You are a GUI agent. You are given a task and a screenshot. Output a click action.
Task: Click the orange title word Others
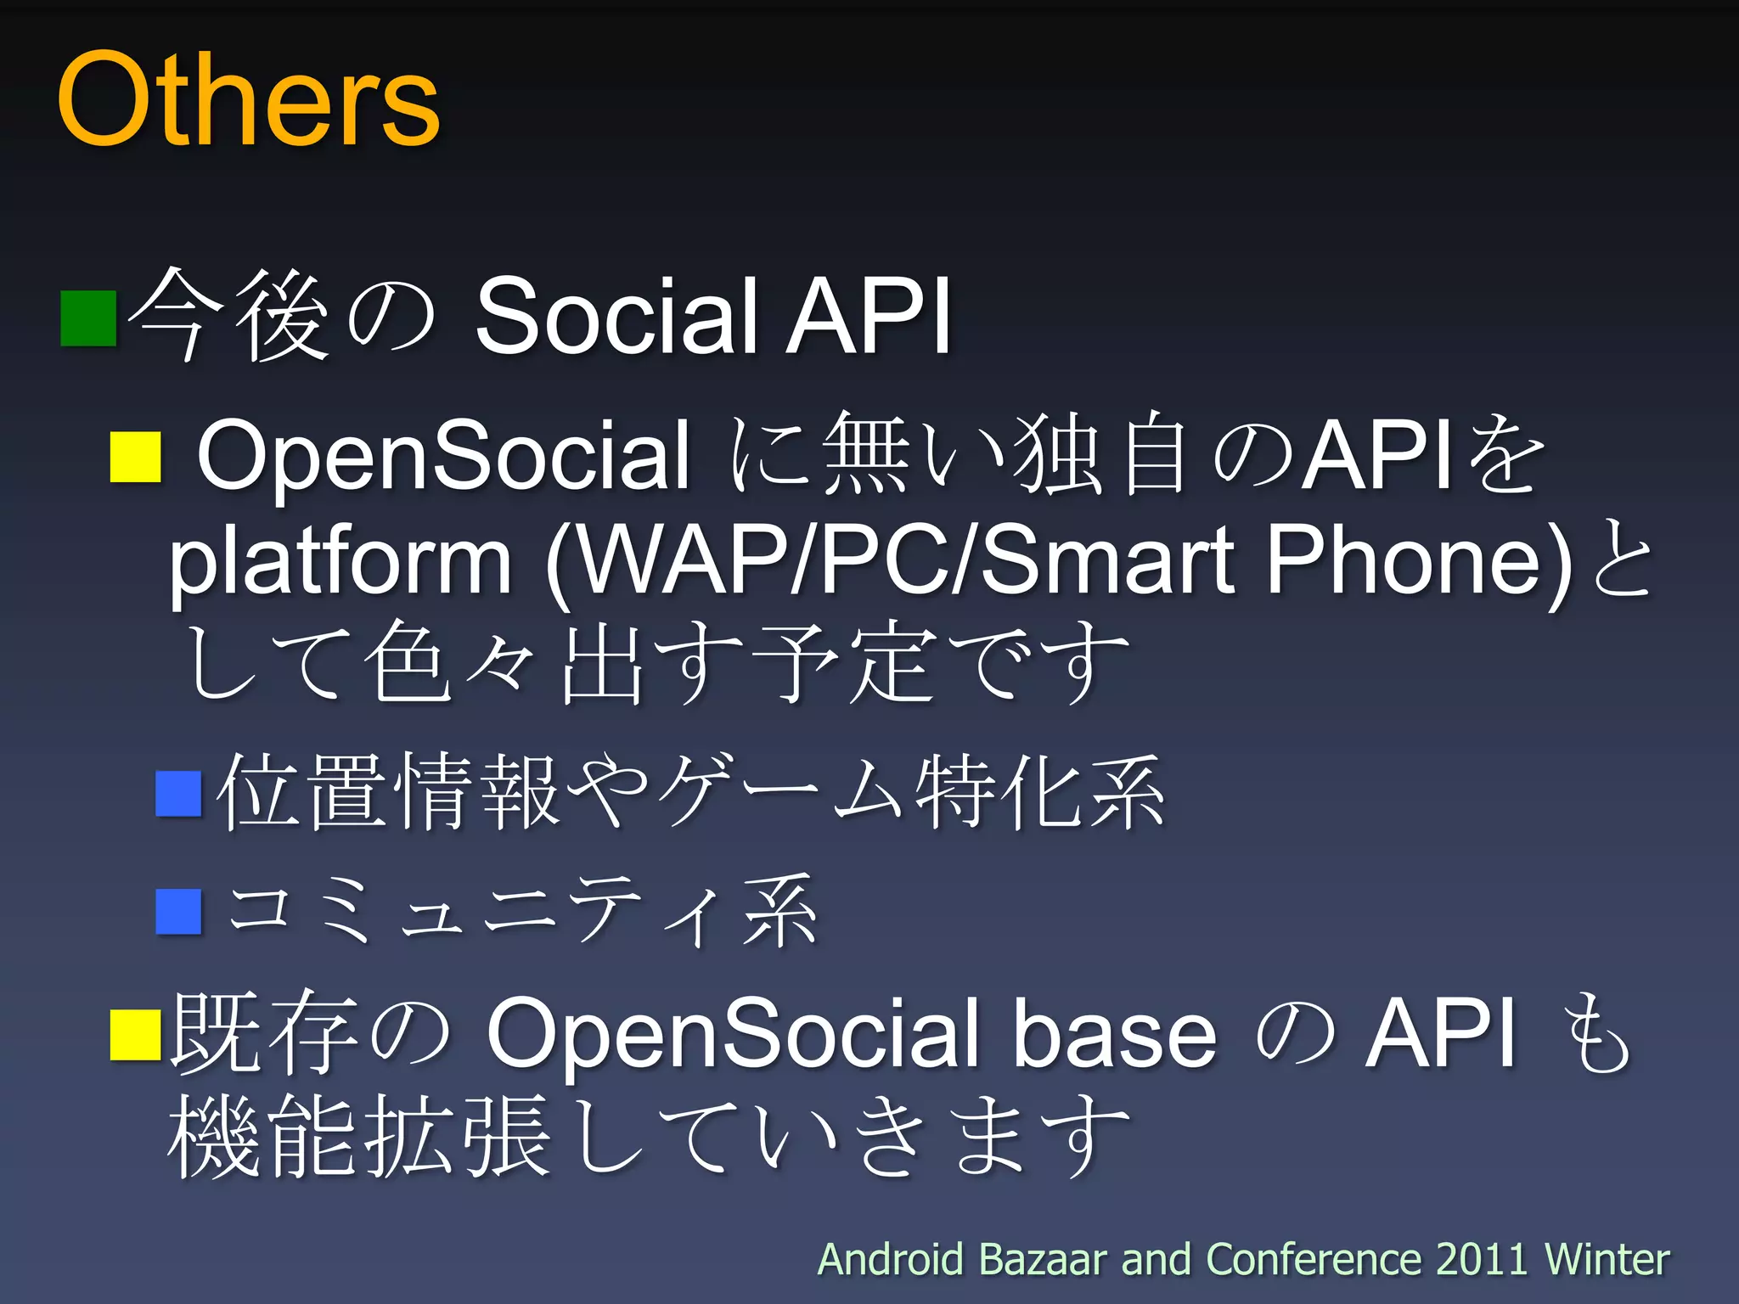coord(248,100)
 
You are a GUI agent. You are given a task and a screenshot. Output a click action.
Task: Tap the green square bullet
coord(88,318)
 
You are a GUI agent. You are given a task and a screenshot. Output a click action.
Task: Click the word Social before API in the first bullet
coord(615,317)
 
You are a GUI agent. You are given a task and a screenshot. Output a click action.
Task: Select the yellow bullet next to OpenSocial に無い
coord(136,457)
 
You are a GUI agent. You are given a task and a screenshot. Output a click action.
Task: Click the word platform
coord(340,560)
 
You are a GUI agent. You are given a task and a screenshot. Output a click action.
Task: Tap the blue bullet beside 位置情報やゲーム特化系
coord(179,793)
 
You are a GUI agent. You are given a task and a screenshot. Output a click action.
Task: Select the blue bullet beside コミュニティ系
coord(179,911)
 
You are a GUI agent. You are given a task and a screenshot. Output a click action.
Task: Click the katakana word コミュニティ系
coord(522,911)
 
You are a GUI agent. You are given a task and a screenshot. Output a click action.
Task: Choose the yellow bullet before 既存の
coord(136,1034)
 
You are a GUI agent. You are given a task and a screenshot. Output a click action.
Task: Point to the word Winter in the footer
coord(1607,1259)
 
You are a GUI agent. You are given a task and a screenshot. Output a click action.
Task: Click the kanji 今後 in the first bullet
coord(229,317)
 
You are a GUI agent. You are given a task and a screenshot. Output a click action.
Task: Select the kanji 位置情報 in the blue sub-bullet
coord(386,793)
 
